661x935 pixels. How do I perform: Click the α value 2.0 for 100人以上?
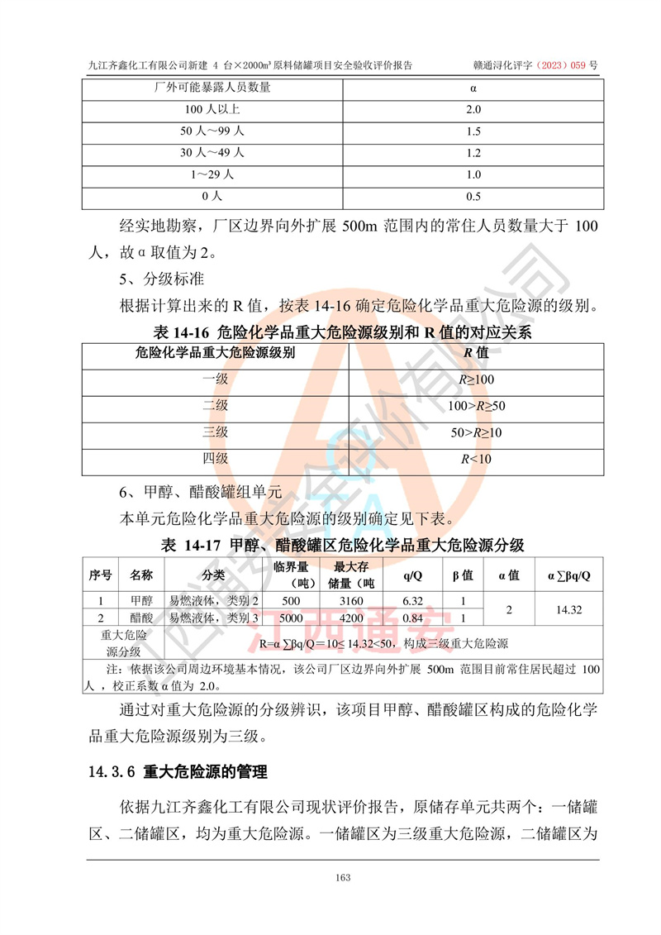click(473, 109)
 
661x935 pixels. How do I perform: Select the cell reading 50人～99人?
click(212, 131)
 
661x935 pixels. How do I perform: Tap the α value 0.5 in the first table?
click(473, 196)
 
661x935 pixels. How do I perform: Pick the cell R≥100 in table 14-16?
click(477, 379)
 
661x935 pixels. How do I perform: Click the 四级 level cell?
click(215, 459)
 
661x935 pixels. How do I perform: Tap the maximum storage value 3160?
click(351, 601)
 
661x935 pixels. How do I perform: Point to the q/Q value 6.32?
click(412, 601)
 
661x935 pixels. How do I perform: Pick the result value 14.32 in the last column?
click(570, 609)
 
